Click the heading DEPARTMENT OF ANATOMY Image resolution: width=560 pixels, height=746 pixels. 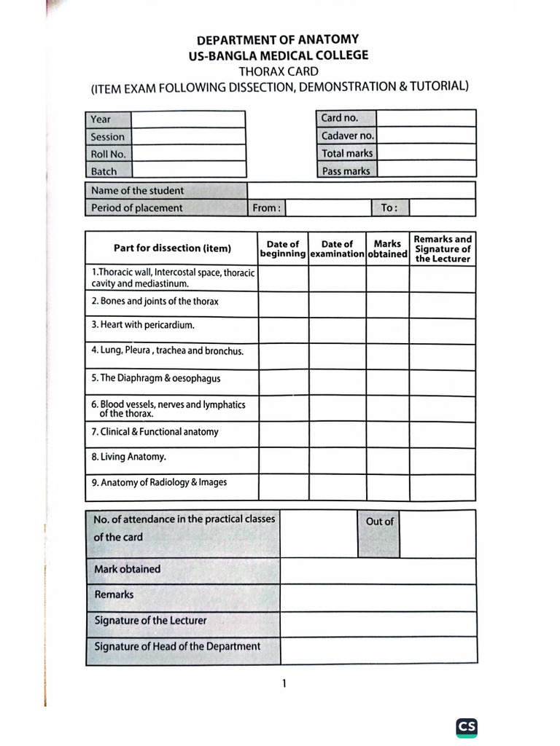(x=278, y=40)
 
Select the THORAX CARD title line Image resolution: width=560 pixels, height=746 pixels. (x=278, y=71)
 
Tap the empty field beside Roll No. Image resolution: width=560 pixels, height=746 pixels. (x=188, y=154)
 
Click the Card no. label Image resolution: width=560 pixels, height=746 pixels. (x=340, y=118)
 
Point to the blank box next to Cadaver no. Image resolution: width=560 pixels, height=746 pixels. (x=427, y=136)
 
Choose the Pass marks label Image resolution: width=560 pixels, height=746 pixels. (x=346, y=171)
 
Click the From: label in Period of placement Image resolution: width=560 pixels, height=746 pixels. (x=266, y=208)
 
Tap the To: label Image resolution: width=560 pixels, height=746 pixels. (x=389, y=208)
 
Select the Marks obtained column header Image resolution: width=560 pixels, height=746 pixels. (x=387, y=249)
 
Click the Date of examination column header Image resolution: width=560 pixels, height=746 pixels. (x=337, y=249)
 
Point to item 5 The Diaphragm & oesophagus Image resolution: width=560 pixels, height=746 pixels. (x=156, y=378)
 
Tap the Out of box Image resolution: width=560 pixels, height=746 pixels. (x=379, y=522)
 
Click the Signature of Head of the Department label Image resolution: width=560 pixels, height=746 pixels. (x=177, y=646)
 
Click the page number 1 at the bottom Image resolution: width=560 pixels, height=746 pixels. (x=284, y=683)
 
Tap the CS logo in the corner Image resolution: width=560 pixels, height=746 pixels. (x=467, y=726)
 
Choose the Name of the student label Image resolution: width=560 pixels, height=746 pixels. (x=138, y=191)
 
